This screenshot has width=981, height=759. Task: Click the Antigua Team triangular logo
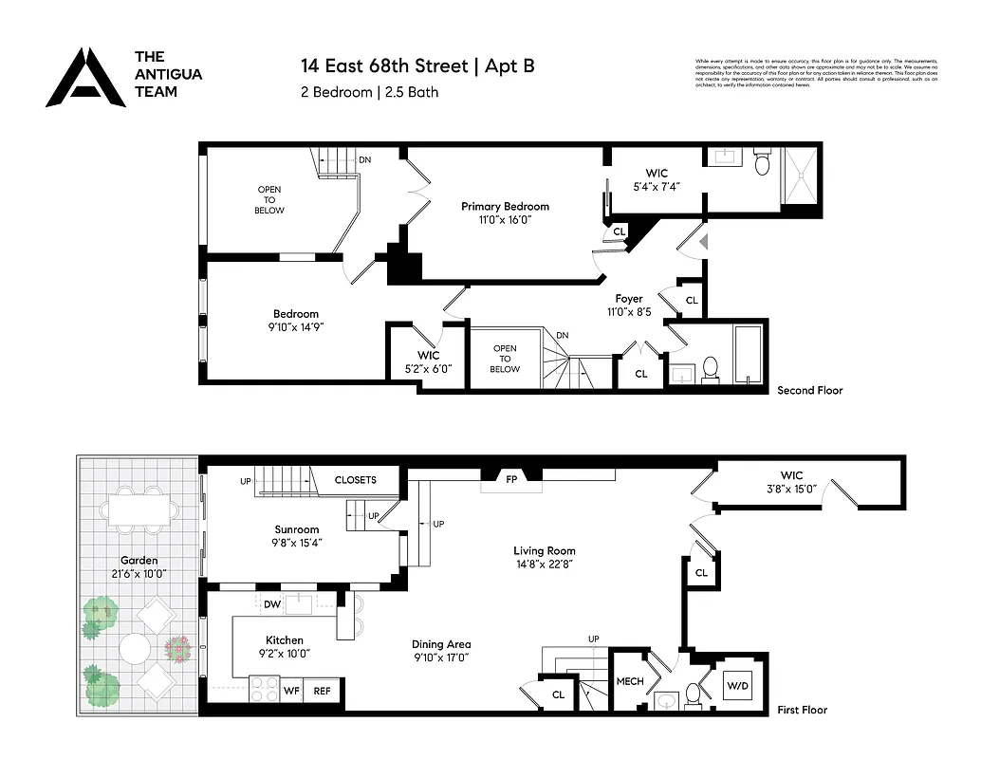pyautogui.click(x=85, y=78)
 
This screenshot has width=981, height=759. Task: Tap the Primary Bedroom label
pyautogui.click(x=505, y=207)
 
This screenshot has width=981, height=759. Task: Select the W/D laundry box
pyautogui.click(x=737, y=683)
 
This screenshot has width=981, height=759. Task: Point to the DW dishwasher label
pyautogui.click(x=271, y=603)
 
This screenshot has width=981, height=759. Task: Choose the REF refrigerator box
pyautogui.click(x=322, y=692)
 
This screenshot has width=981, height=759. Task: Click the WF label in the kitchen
pyautogui.click(x=291, y=692)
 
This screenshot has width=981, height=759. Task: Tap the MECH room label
pyautogui.click(x=630, y=681)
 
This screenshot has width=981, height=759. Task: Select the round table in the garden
pyautogui.click(x=136, y=650)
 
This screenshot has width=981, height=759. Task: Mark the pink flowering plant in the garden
pyautogui.click(x=178, y=649)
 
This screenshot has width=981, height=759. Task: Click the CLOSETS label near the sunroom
pyautogui.click(x=355, y=480)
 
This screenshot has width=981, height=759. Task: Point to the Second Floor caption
pyautogui.click(x=809, y=390)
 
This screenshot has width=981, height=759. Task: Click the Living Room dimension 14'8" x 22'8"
pyautogui.click(x=544, y=564)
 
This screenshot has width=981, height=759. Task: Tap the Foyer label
pyautogui.click(x=628, y=299)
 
